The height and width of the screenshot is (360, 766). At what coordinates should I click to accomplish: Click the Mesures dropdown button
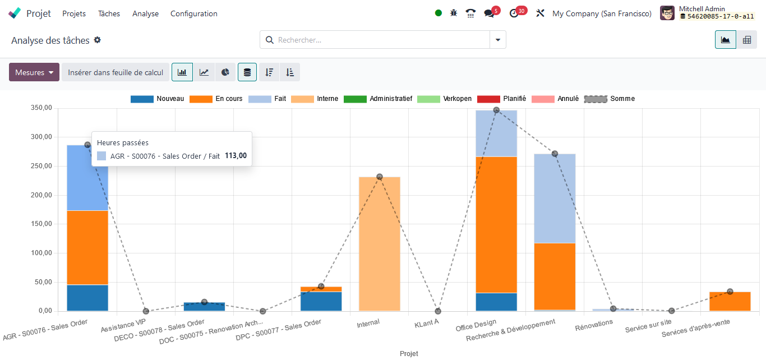pyautogui.click(x=34, y=72)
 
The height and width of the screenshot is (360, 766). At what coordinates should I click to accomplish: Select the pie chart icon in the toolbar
pyautogui.click(x=225, y=72)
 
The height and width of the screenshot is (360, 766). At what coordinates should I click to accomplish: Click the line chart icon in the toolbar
pyautogui.click(x=204, y=72)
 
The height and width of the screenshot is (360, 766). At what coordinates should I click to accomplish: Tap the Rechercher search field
pyautogui.click(x=381, y=40)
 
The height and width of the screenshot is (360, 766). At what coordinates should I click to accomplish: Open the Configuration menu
pyautogui.click(x=193, y=13)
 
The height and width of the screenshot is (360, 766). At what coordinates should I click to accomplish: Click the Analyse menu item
pyautogui.click(x=145, y=13)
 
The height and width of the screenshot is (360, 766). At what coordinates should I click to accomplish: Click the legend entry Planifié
pyautogui.click(x=502, y=99)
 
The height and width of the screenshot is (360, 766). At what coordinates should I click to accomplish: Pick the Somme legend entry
pyautogui.click(x=610, y=99)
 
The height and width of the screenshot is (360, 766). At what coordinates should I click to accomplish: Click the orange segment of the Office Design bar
pyautogui.click(x=496, y=224)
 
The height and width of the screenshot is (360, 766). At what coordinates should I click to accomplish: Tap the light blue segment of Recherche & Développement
pyautogui.click(x=555, y=198)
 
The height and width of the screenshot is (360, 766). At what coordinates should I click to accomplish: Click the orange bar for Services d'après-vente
pyautogui.click(x=730, y=302)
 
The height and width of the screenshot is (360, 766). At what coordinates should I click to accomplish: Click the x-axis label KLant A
pyautogui.click(x=427, y=322)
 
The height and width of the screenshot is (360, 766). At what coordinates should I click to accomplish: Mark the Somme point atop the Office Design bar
pyautogui.click(x=496, y=110)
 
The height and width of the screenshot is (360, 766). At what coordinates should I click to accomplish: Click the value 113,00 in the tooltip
pyautogui.click(x=236, y=156)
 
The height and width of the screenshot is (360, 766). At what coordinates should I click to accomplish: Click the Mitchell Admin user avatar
pyautogui.click(x=667, y=13)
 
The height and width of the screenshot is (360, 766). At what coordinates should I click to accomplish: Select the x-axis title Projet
pyautogui.click(x=409, y=354)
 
